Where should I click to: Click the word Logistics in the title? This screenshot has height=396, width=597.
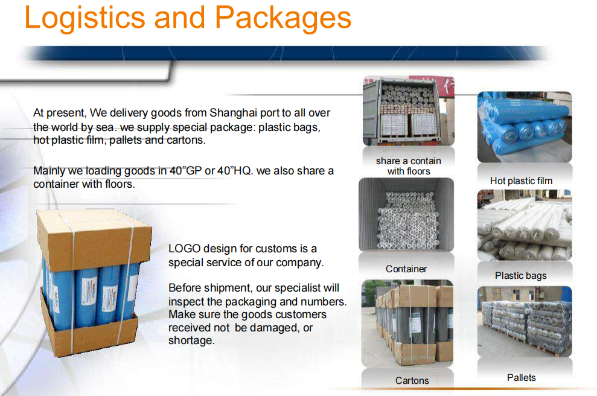pos(85,18)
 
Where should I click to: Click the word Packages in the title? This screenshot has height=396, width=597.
pos(283,18)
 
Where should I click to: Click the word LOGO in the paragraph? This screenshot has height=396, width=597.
pos(184,249)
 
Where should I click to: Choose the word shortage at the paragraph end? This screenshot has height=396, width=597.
pos(191,340)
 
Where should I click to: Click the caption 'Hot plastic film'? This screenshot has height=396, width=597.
pos(521,181)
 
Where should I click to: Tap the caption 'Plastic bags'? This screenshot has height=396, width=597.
pos(520,276)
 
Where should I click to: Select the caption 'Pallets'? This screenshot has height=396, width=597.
pos(521,378)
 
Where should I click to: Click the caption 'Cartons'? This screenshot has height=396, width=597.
pos(412,380)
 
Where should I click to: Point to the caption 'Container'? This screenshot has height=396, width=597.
pos(406,269)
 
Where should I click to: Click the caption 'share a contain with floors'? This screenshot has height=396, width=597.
pos(409,166)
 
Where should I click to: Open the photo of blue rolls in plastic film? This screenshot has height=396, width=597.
pos(525,127)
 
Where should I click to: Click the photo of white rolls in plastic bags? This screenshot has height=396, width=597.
pos(525,225)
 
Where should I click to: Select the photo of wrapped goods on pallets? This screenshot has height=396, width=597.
pos(525,322)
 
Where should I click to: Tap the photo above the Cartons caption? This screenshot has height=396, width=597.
pos(407,324)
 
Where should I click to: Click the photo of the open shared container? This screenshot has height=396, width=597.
pos(409,111)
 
